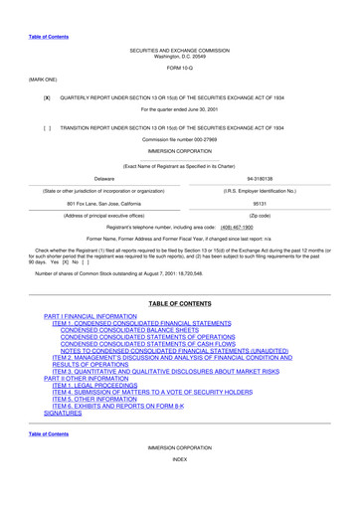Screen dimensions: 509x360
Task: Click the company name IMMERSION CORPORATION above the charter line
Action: click(x=179, y=150)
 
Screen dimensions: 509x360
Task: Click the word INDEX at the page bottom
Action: click(x=179, y=488)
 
